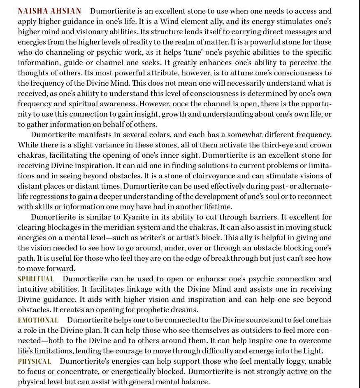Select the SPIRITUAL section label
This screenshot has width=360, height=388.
coord(36,279)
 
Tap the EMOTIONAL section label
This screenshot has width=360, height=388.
coord(38,320)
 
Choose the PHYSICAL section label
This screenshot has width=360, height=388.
coord(35,361)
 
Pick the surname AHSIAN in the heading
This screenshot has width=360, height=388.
coord(66,11)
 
